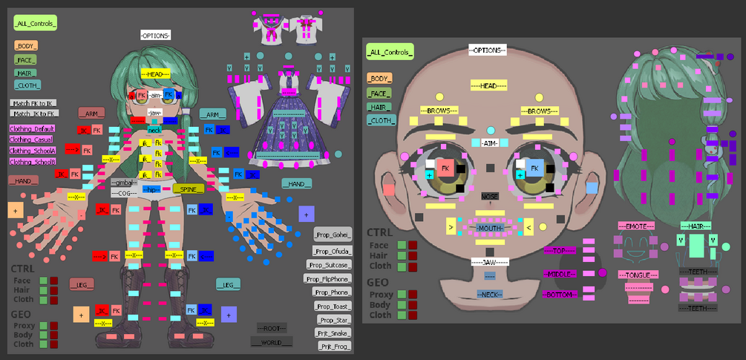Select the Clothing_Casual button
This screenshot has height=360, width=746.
[30, 139]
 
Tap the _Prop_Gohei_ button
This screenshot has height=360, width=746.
[333, 235]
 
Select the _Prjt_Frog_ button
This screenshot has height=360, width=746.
[334, 346]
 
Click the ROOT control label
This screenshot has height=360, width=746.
[271, 327]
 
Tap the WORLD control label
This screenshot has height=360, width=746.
[271, 341]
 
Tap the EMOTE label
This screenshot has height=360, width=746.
[636, 226]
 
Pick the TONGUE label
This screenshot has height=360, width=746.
[636, 275]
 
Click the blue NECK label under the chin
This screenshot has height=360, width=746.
[490, 295]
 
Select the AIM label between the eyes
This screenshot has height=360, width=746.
[490, 143]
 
